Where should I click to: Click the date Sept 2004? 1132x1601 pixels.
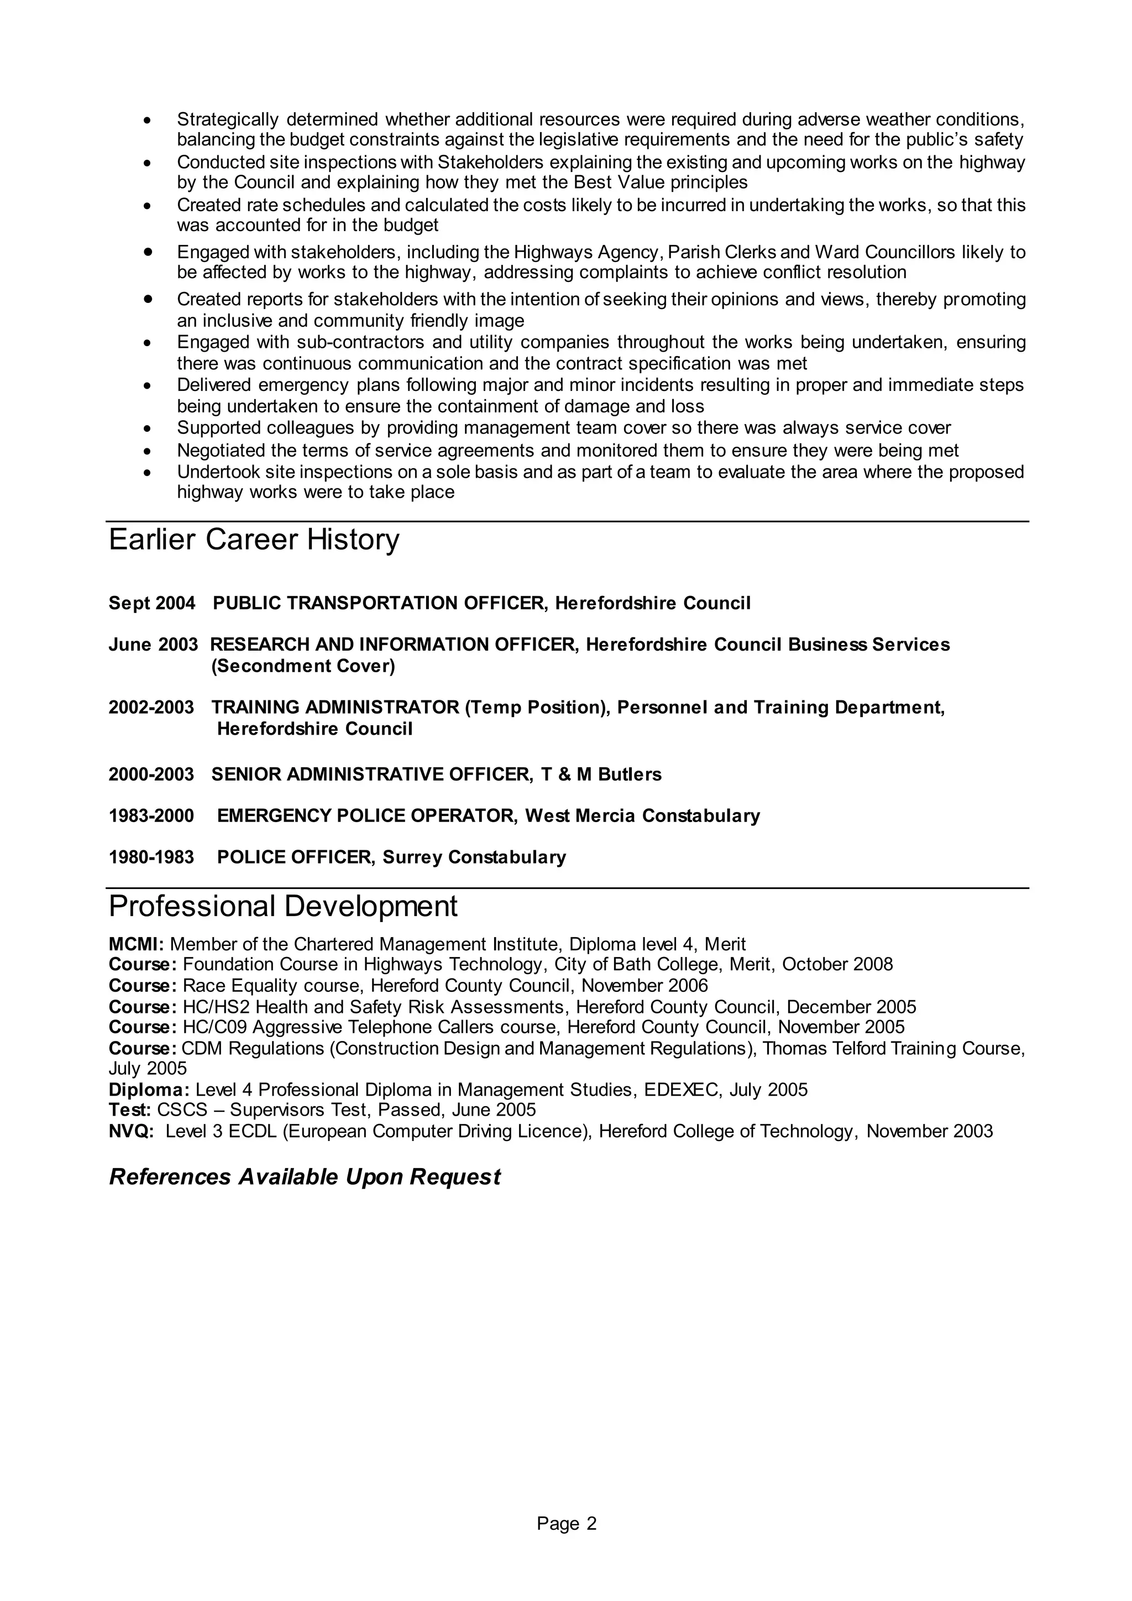[152, 603]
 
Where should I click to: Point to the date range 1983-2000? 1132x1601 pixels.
[151, 816]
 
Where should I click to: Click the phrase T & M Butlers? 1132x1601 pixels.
[601, 775]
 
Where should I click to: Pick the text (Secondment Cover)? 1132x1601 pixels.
[303, 667]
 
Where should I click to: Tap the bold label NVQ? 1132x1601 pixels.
[131, 1131]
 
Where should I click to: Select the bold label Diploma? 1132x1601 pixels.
[149, 1090]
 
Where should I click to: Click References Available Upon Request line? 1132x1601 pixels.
[305, 1177]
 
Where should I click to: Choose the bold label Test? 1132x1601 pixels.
[130, 1110]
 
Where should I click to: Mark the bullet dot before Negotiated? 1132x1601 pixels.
[147, 451]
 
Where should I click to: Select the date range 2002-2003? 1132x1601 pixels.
[151, 708]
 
